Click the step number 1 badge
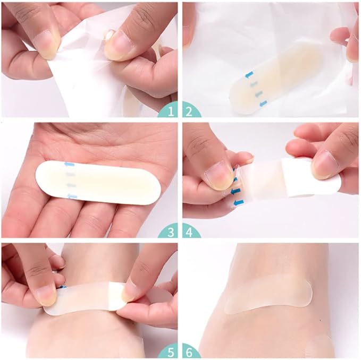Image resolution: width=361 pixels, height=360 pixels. [x=170, y=110]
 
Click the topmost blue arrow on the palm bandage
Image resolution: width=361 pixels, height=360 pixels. [x=69, y=165]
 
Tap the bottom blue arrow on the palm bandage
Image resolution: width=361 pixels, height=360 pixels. [x=73, y=196]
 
